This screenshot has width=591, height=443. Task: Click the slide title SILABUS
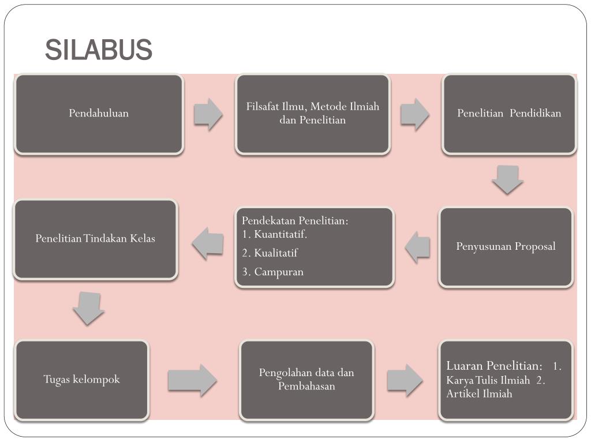click(99, 50)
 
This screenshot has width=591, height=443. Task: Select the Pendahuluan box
click(99, 114)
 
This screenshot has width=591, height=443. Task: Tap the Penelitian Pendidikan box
click(509, 114)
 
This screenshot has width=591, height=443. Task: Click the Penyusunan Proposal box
click(506, 247)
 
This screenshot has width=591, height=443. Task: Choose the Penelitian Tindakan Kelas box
click(95, 239)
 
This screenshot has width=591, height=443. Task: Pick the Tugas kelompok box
click(82, 380)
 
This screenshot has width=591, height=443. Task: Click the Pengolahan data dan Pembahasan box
click(306, 380)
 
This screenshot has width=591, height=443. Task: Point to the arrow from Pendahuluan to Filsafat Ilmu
click(208, 114)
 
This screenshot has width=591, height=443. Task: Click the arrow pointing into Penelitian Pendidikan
click(414, 114)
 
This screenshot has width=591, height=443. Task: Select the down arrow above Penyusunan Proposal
click(508, 179)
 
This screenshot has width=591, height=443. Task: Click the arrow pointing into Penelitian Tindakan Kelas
click(208, 243)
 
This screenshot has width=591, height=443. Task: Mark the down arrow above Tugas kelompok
click(88, 308)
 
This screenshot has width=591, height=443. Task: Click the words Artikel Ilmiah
click(479, 394)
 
